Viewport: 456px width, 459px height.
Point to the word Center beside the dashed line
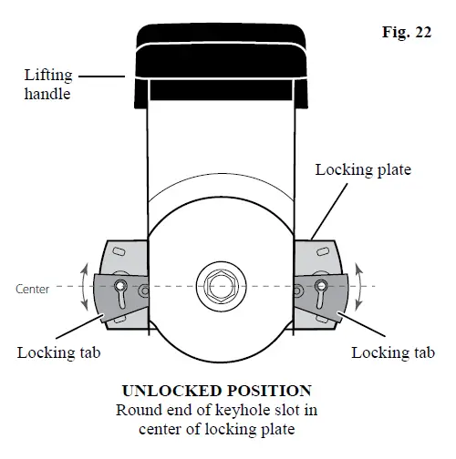[33, 290]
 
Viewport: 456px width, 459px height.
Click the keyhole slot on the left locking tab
[121, 289]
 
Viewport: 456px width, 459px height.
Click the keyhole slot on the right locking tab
[319, 289]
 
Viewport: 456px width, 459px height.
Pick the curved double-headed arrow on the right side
[358, 286]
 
